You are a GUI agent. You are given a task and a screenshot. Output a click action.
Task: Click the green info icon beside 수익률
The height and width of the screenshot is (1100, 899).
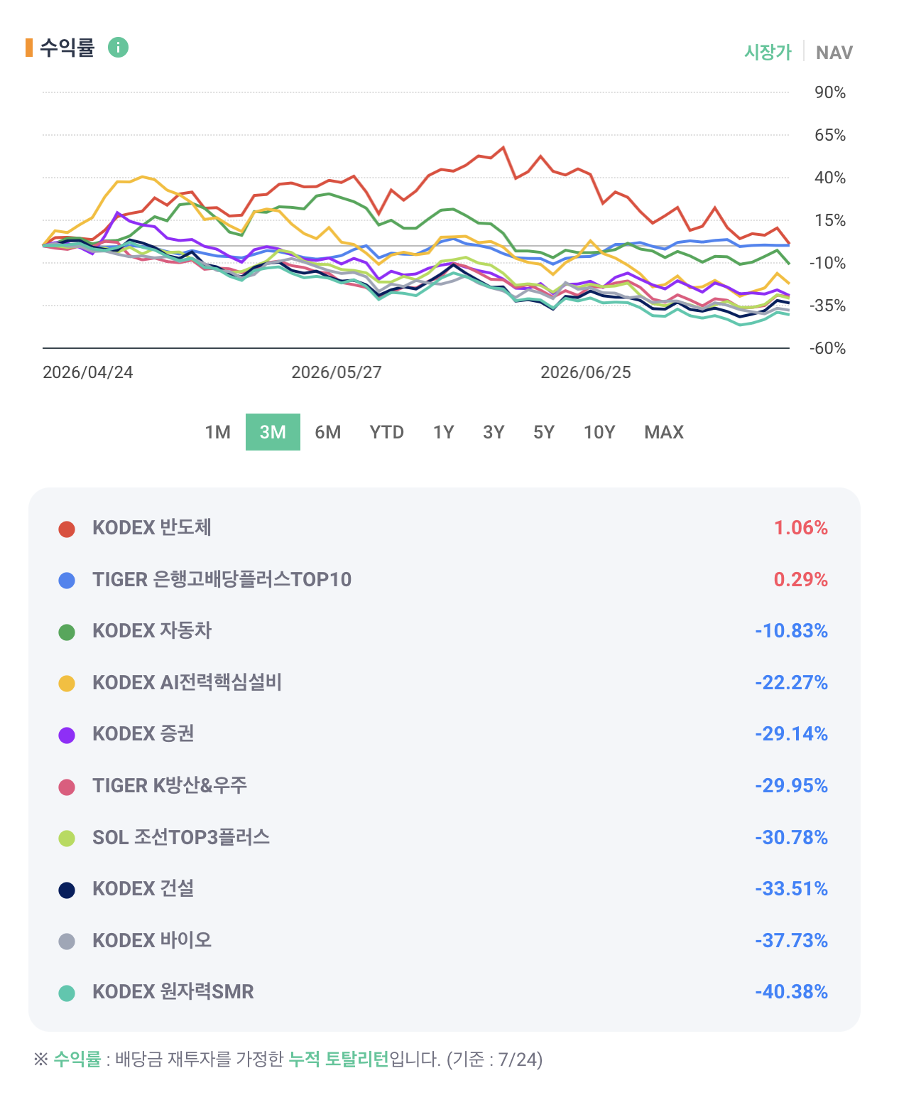118,48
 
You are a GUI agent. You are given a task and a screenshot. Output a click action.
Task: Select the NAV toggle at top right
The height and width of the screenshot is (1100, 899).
834,52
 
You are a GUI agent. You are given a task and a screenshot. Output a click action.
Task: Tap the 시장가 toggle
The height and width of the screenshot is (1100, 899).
768,52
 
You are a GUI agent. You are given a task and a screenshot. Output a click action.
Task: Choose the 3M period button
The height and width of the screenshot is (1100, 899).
273,432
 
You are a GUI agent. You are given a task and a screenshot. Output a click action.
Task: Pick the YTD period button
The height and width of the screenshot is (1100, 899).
387,432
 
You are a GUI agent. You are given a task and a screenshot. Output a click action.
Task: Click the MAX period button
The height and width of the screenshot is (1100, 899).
663,432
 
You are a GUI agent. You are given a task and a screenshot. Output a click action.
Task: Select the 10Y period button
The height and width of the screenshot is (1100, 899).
599,432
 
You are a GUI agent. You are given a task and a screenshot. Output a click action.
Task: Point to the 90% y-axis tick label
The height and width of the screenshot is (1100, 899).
829,92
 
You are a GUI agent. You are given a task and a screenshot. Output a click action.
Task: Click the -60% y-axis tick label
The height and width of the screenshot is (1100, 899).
827,348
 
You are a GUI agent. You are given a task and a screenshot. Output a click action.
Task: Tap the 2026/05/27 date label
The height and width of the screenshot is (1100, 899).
336,372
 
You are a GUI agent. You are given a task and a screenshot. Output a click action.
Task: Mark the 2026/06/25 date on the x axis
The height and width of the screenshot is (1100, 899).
585,372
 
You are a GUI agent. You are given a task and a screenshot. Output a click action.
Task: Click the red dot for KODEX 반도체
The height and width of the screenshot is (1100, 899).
67,529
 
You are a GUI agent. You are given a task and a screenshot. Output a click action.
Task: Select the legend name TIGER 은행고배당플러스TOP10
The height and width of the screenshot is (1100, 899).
222,579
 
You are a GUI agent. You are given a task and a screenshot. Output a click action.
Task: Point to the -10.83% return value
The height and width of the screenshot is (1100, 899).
791,630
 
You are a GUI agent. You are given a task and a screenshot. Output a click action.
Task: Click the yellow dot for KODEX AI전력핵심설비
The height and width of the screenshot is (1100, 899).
67,684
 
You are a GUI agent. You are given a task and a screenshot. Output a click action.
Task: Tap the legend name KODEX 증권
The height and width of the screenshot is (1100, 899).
143,733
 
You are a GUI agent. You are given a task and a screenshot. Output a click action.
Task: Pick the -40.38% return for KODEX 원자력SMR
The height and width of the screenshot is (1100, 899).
791,991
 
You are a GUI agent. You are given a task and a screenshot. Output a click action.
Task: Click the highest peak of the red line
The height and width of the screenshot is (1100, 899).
503,148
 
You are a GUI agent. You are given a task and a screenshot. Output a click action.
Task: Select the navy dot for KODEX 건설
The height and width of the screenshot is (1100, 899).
67,890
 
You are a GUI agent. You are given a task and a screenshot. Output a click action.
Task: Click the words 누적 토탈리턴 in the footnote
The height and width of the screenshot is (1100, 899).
339,1059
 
